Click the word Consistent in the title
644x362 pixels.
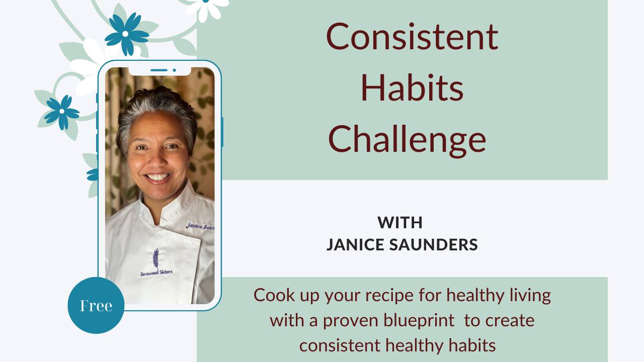click(412, 37)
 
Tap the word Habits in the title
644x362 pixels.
click(412, 87)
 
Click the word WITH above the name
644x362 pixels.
click(400, 222)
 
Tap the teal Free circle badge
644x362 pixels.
click(96, 305)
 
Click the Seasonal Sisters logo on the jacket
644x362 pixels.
click(156, 263)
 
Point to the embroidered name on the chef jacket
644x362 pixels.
click(200, 226)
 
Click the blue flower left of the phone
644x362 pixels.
click(61, 112)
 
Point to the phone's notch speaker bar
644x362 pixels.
click(159, 70)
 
